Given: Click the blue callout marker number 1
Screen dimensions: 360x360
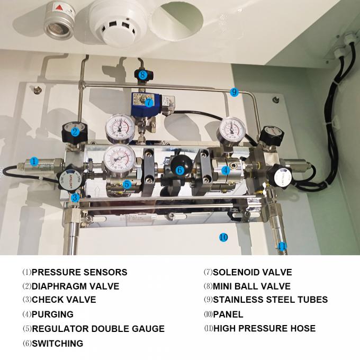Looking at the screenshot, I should (34, 161).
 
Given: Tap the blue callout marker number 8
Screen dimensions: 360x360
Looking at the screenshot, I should (143, 75).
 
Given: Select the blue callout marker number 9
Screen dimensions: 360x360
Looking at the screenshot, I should (234, 92).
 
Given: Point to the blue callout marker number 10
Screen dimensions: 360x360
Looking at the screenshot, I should (223, 237).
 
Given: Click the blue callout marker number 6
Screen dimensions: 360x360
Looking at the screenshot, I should (179, 170).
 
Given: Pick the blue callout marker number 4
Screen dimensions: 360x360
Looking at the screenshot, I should (225, 170).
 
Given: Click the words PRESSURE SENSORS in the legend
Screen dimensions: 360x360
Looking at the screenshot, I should (79, 273).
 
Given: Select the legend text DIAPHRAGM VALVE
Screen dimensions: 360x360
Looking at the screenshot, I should (75, 286).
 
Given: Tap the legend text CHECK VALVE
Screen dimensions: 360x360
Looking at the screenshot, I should (64, 300).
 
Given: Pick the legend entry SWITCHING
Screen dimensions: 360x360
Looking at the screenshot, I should (57, 344).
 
